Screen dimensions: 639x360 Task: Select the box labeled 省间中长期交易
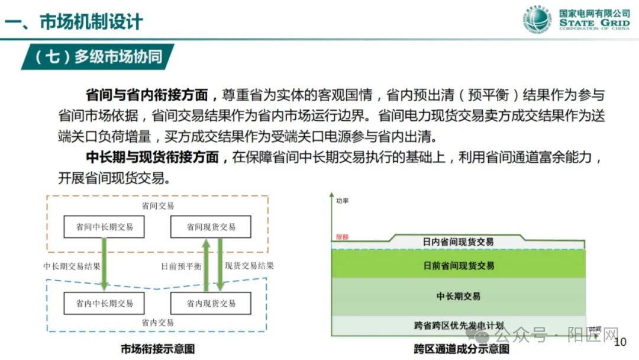pos(104,227)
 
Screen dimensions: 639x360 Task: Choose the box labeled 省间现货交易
pos(211,227)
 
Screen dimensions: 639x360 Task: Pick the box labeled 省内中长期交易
pos(104,303)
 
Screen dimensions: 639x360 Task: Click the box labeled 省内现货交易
pos(211,303)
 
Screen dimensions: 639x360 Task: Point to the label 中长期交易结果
pos(72,266)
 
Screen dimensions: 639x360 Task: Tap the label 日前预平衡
pos(181,266)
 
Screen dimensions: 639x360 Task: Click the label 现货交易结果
pos(249,266)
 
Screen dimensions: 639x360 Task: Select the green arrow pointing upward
pos(206,264)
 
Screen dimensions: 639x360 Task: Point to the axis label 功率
pos(342,201)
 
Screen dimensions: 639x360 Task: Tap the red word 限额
pos(342,237)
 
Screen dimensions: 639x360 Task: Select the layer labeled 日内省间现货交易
pos(458,242)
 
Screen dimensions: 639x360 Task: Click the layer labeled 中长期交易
pos(459,296)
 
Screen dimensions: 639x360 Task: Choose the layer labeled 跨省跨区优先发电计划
pos(459,325)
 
